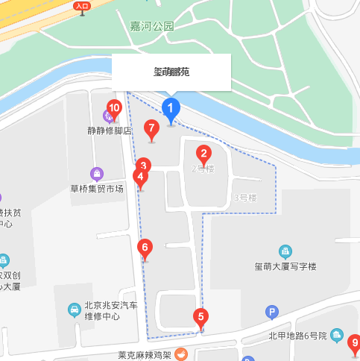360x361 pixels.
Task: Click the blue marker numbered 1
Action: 171,110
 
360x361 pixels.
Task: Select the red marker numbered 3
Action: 144,166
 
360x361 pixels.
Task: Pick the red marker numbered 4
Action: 139,178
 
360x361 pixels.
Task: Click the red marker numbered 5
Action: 200,317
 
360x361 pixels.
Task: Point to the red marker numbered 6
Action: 146,247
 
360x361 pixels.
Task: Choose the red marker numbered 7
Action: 151,128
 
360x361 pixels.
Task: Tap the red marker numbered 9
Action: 355,344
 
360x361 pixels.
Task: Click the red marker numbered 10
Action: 114,108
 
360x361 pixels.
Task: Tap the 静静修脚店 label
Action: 110,130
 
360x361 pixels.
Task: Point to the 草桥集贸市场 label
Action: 96,188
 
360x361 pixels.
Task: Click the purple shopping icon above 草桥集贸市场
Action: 96,174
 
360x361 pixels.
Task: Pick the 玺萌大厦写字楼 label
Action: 285,266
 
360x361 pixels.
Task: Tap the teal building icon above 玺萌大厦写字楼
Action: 285,251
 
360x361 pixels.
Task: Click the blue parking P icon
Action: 272,311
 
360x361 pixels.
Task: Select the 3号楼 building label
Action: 244,198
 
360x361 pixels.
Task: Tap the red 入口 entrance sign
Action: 82,6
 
